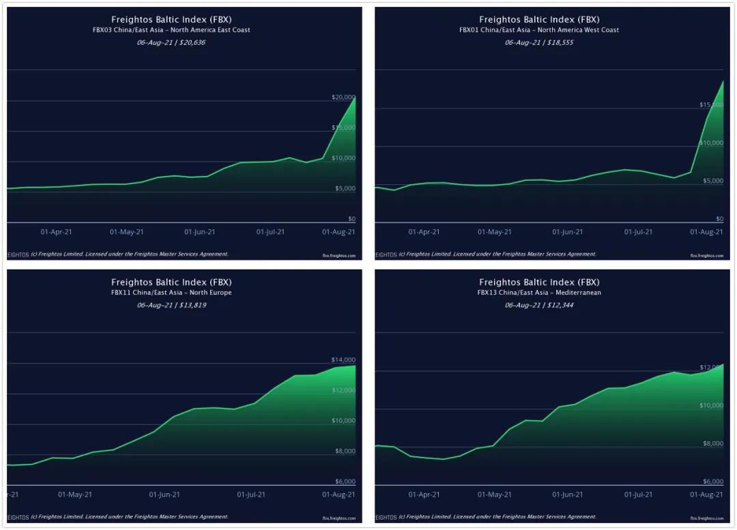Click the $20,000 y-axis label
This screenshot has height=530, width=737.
(x=343, y=98)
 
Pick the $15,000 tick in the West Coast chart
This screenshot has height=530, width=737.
(x=711, y=105)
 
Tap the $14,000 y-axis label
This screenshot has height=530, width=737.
(x=343, y=360)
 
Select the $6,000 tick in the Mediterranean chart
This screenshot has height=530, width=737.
(x=712, y=482)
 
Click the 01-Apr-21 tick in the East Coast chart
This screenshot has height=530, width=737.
(x=56, y=232)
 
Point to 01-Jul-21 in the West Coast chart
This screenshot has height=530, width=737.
(x=638, y=232)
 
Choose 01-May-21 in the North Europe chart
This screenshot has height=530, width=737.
(x=75, y=495)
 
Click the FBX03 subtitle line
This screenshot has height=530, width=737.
(x=171, y=30)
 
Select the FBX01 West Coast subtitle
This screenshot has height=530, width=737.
(x=539, y=30)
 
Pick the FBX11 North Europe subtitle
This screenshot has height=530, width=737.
(x=171, y=293)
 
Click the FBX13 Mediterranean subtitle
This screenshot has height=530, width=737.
(x=539, y=293)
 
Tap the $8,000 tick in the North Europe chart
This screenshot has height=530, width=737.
(x=345, y=452)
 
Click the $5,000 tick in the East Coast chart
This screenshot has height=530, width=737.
(x=345, y=188)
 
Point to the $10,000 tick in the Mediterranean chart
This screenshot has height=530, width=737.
(x=711, y=406)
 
